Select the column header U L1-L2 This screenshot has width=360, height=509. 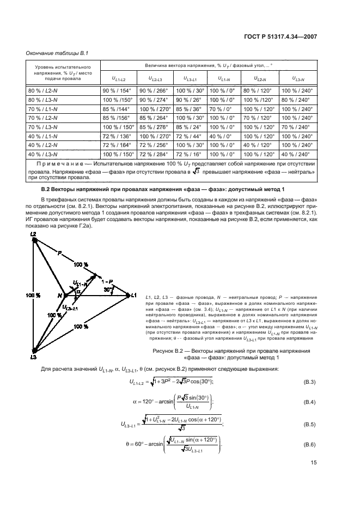[x=118, y=79]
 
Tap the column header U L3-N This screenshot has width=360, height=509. [x=298, y=79]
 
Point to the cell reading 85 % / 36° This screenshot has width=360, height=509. [x=189, y=109]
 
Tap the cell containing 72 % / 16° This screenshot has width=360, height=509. [x=189, y=155]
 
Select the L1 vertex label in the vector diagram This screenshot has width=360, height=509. [x=133, y=295]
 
